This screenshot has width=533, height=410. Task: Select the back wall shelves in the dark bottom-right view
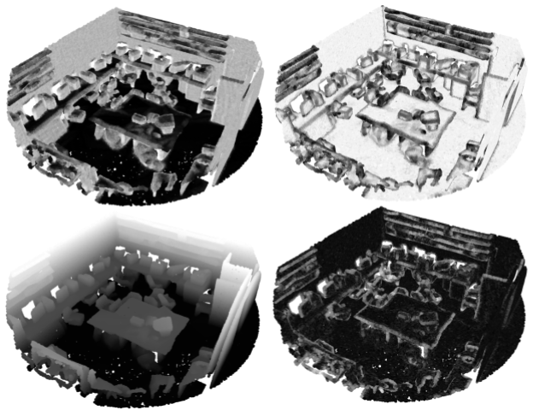pyautogui.click(x=440, y=231)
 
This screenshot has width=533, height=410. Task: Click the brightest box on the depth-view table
pyautogui.click(x=161, y=324)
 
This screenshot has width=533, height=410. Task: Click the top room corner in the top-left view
pyautogui.click(x=118, y=10)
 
